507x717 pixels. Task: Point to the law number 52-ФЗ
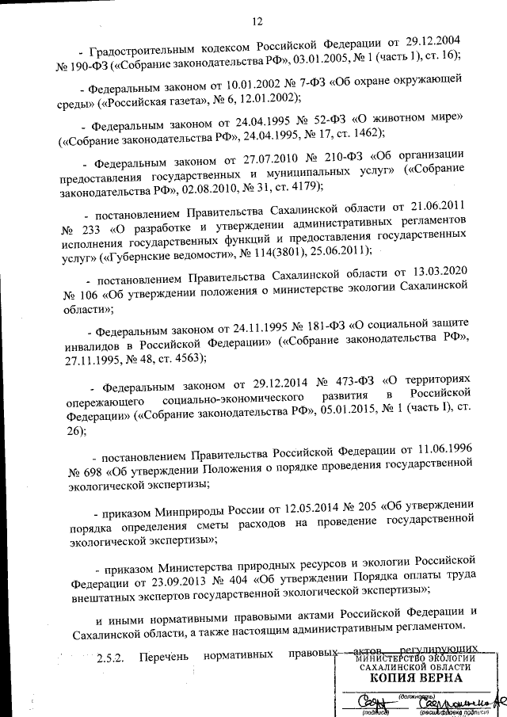click(312, 126)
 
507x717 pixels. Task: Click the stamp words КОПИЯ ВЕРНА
click(414, 678)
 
